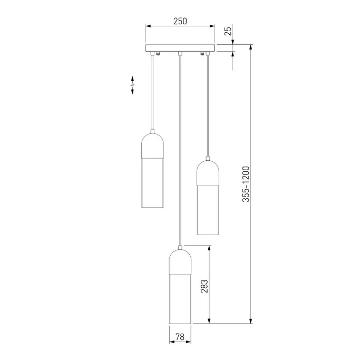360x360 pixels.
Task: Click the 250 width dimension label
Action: click(180, 21)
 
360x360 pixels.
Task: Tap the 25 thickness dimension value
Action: click(228, 31)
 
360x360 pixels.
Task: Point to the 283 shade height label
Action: click(205, 285)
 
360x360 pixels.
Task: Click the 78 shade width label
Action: click(180, 336)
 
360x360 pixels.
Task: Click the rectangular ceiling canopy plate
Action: click(180, 48)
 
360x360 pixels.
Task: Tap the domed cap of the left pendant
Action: click(153, 144)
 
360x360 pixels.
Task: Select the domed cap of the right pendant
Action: click(208, 172)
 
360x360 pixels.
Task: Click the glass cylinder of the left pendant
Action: click(153, 182)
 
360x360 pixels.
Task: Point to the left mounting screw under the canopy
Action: click(158, 53)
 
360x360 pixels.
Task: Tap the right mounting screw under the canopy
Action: click(202, 53)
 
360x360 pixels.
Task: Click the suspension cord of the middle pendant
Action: click(180, 148)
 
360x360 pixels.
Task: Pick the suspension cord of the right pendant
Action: click(208, 105)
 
